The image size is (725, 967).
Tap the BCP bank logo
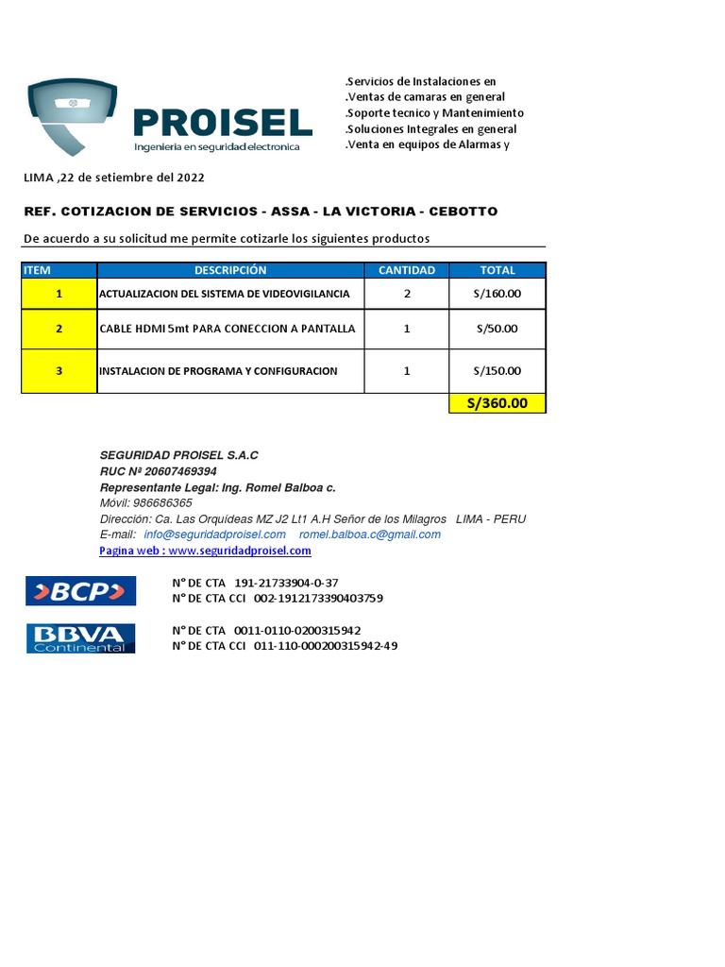tap(80, 591)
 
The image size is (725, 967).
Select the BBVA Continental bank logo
tap(80, 638)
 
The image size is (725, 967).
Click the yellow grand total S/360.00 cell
tap(497, 403)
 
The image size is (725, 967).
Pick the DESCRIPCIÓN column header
tap(230, 270)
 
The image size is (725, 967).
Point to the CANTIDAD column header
tap(407, 270)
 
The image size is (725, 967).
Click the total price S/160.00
tap(497, 294)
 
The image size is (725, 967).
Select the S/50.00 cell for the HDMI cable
tap(497, 329)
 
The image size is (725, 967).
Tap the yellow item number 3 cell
tap(59, 371)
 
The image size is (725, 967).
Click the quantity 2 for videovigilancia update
tap(407, 294)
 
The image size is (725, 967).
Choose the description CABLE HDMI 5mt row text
tap(227, 329)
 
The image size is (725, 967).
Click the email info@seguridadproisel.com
tap(214, 534)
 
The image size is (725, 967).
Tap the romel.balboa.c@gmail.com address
tap(369, 534)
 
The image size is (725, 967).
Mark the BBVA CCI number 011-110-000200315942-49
tap(326, 646)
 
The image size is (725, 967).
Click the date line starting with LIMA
tap(113, 178)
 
